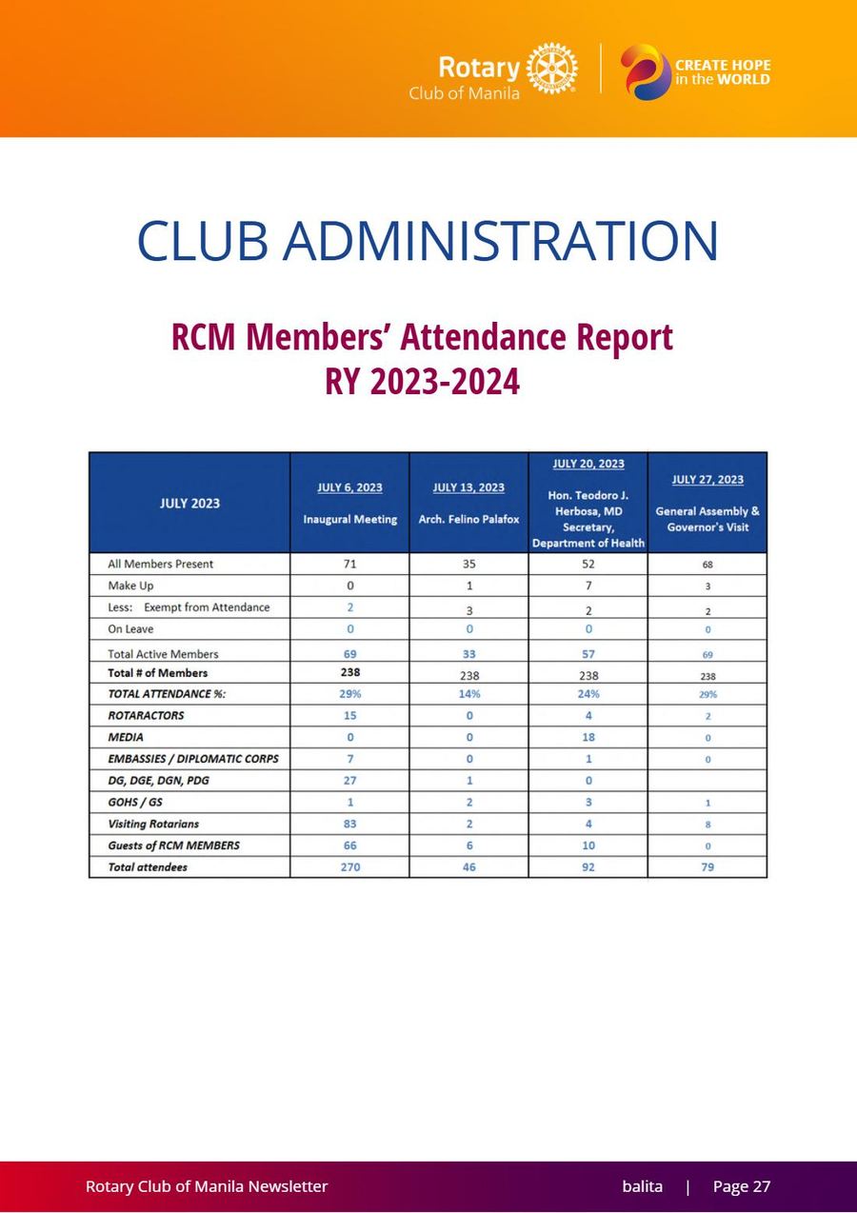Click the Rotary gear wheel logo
click(x=552, y=69)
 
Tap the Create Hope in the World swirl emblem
click(x=646, y=72)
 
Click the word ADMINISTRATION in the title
click(x=500, y=240)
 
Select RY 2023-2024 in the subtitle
click(x=423, y=382)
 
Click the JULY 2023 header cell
click(x=189, y=503)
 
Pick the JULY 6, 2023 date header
click(x=350, y=487)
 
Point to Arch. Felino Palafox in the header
click(x=469, y=519)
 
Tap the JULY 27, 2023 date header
click(x=708, y=479)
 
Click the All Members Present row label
click(x=160, y=564)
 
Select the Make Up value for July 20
click(x=588, y=586)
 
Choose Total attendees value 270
click(x=350, y=867)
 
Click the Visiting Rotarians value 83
click(x=350, y=824)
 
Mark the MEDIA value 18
click(x=588, y=737)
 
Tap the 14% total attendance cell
click(x=469, y=694)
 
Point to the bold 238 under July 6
click(x=350, y=672)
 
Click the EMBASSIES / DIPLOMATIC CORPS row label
click(x=193, y=759)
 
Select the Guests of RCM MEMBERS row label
click(x=173, y=845)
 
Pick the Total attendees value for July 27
click(x=708, y=867)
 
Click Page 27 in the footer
click(x=742, y=1186)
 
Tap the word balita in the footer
click(x=643, y=1186)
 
